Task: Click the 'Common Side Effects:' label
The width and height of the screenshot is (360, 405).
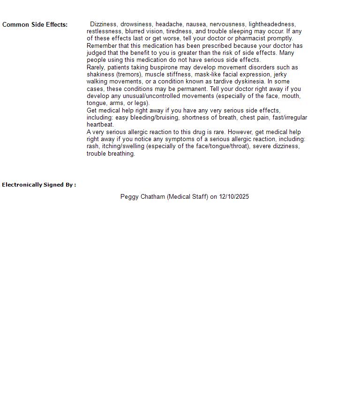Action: [35, 25]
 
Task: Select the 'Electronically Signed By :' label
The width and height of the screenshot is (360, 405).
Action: [39, 185]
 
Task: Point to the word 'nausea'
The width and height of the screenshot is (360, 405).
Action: [196, 24]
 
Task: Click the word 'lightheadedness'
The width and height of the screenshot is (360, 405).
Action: [272, 24]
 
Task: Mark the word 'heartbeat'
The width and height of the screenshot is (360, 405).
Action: [100, 125]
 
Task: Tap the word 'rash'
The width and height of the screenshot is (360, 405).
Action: [93, 146]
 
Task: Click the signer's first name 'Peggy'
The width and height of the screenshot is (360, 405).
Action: [129, 197]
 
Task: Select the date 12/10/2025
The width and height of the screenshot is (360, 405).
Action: [234, 197]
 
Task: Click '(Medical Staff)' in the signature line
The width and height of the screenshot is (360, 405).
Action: [187, 197]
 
